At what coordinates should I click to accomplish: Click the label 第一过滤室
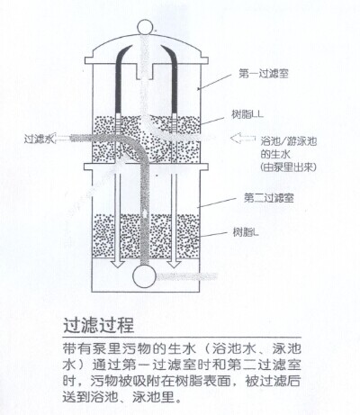click(x=264, y=74)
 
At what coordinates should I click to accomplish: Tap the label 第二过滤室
click(x=268, y=198)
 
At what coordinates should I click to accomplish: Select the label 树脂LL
click(x=247, y=114)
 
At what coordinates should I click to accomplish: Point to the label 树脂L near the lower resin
click(x=246, y=232)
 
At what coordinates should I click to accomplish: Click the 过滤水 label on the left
click(x=39, y=139)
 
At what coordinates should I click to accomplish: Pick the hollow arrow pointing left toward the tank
click(x=242, y=138)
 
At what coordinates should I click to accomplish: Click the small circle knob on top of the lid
click(x=145, y=26)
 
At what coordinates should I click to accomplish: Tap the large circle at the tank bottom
click(x=144, y=276)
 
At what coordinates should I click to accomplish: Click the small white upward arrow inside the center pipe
click(x=145, y=213)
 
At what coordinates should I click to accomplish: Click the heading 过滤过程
click(x=99, y=325)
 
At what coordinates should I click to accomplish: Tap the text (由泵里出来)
click(x=288, y=167)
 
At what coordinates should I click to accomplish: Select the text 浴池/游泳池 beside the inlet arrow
click(x=289, y=141)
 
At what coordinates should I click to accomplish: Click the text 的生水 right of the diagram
click(x=275, y=154)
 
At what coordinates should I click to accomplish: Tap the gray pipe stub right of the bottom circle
click(x=186, y=276)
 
